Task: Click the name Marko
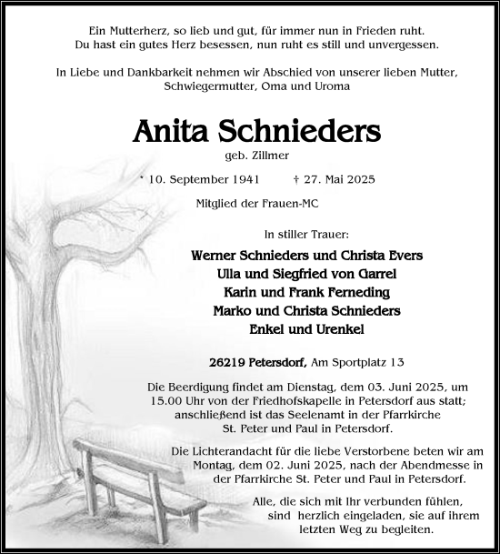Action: coord(233,312)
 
